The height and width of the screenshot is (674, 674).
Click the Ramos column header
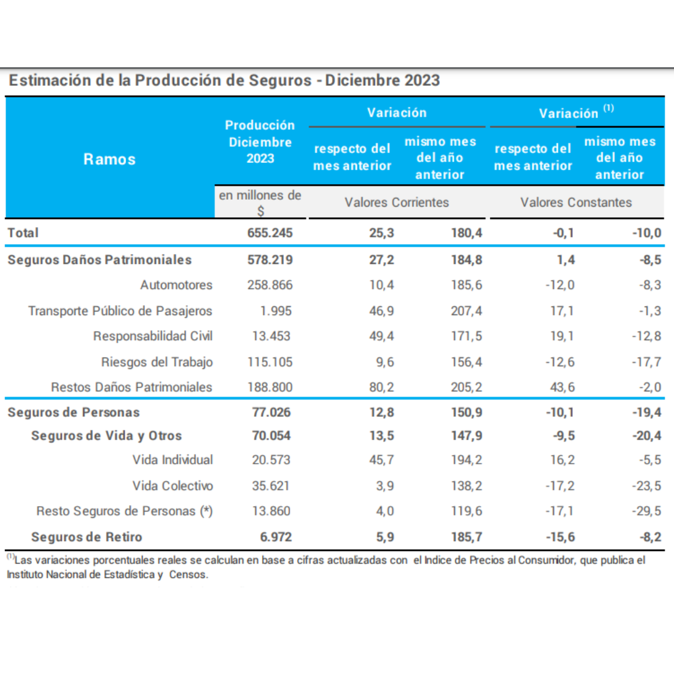coord(109,159)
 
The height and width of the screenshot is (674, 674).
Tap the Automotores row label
coord(176,285)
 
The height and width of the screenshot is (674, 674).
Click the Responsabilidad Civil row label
coord(153,336)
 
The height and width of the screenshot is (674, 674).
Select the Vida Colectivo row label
coord(172,486)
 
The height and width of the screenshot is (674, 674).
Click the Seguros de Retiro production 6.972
coord(274,537)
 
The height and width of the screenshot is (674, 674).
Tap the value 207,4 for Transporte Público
coord(467,311)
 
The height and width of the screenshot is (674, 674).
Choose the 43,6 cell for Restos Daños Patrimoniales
coord(562,387)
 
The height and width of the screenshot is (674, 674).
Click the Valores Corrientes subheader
coord(397,202)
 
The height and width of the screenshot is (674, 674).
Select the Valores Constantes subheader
coord(576,202)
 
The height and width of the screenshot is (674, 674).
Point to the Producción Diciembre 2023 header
coord(260,142)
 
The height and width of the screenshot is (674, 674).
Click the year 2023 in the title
coord(417,81)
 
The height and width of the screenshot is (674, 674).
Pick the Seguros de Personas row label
coord(74,413)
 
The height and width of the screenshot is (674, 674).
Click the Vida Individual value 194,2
coord(467,460)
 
